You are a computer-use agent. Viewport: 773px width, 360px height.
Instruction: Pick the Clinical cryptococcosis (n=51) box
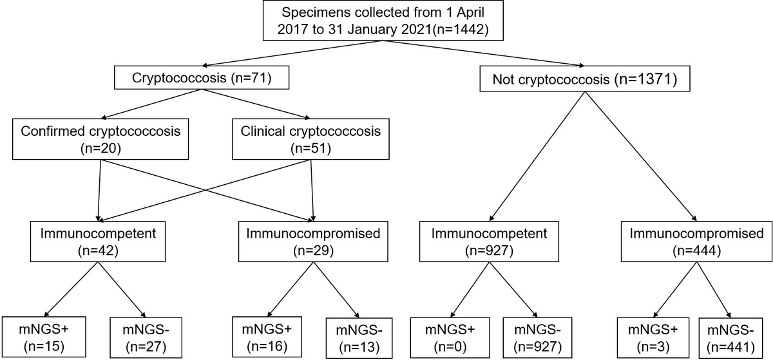311,138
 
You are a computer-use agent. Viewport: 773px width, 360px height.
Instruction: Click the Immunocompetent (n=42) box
97,240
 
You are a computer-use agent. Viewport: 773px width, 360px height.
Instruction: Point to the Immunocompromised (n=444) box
696,240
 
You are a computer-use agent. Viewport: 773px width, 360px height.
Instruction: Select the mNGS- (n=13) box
358,336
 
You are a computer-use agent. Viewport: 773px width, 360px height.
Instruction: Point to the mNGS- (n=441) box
731,336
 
